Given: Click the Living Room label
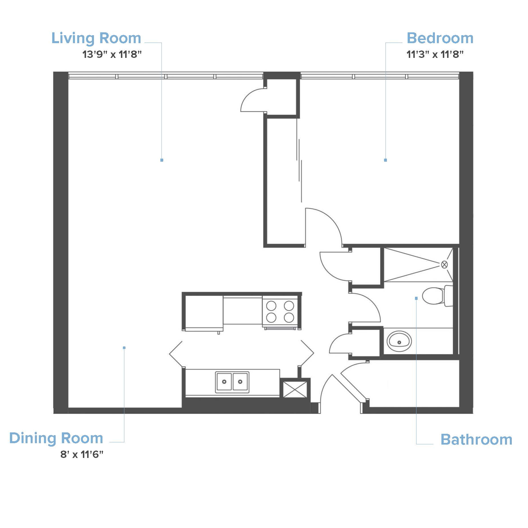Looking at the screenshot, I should (x=96, y=38).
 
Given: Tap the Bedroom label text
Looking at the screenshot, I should (x=440, y=38).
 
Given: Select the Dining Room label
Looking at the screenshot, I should (x=56, y=438).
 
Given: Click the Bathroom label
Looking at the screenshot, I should (x=476, y=439).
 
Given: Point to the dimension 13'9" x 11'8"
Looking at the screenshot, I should (x=112, y=54).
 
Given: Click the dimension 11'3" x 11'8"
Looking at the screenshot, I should (x=435, y=54).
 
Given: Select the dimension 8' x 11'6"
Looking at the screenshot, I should (x=82, y=455).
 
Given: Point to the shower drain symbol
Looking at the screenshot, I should (x=444, y=265).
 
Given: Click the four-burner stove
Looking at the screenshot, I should (x=280, y=312).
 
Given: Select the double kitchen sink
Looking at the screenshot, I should (x=232, y=382).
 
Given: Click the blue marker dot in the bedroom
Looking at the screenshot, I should (x=385, y=160).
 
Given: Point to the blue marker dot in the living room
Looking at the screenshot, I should (x=162, y=160).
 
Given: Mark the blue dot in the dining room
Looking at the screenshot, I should (x=124, y=348).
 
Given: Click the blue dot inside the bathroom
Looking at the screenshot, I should (x=416, y=298).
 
